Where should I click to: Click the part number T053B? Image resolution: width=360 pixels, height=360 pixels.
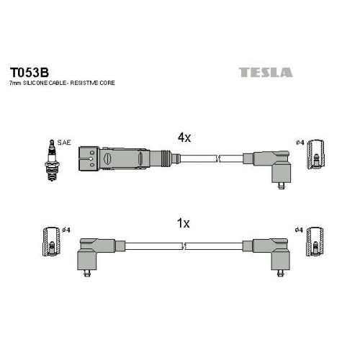[x=29, y=73]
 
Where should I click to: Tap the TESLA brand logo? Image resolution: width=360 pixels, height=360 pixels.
[x=266, y=72]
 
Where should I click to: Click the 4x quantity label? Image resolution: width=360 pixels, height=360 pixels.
[x=184, y=138]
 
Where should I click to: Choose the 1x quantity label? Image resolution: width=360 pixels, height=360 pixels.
[x=183, y=223]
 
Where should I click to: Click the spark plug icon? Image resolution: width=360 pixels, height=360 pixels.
[x=52, y=160]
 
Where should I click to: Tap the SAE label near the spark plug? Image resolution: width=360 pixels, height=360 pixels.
[x=64, y=143]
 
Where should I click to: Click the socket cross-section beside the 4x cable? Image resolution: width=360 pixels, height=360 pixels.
[x=316, y=154]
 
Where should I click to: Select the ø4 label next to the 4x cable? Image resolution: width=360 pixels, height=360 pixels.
[x=300, y=143]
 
